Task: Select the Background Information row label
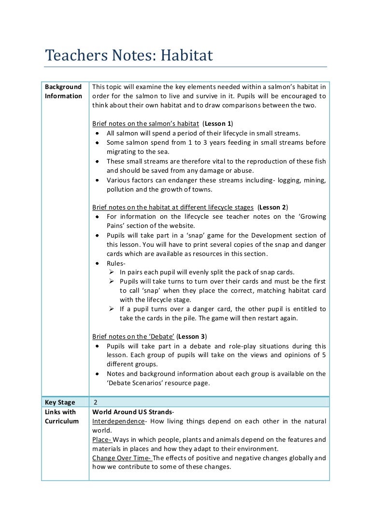click(x=63, y=91)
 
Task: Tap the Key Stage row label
click(x=60, y=403)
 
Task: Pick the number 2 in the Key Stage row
click(x=96, y=403)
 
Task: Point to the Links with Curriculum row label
click(x=61, y=417)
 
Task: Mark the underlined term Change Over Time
click(x=121, y=458)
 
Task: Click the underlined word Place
click(x=101, y=439)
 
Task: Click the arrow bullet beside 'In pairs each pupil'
click(x=112, y=272)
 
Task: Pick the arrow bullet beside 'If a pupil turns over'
click(x=112, y=309)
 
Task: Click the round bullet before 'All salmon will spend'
click(x=97, y=133)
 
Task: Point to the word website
click(x=181, y=226)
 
